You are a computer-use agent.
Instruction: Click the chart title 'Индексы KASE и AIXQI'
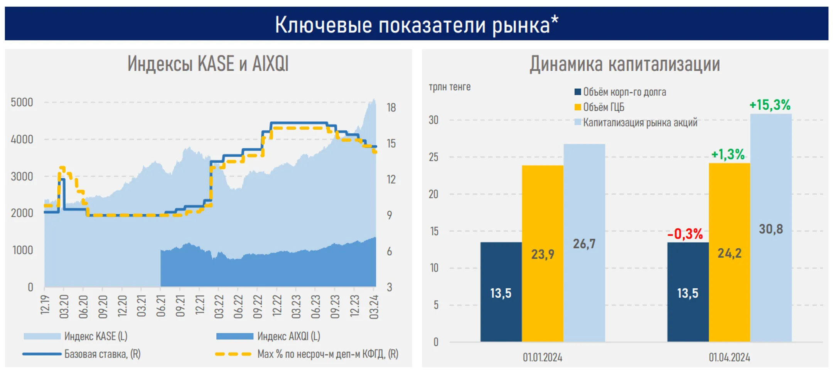click(208, 64)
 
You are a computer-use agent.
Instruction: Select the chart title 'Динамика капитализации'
click(624, 64)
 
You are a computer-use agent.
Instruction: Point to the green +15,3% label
click(769, 105)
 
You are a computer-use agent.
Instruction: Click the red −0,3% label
click(685, 234)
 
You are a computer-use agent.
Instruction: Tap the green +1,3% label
click(727, 155)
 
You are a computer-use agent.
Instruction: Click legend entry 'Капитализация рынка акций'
click(639, 123)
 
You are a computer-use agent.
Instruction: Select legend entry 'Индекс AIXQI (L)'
click(288, 336)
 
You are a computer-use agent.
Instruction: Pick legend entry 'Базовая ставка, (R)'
click(102, 354)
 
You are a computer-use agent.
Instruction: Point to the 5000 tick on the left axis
click(22, 103)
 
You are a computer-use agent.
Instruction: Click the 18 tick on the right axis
click(391, 108)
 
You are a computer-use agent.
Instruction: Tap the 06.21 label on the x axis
click(161, 306)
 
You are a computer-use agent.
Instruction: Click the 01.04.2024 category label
click(729, 358)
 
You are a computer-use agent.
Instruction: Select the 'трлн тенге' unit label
click(449, 87)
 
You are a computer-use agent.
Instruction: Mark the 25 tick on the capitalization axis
click(433, 157)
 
